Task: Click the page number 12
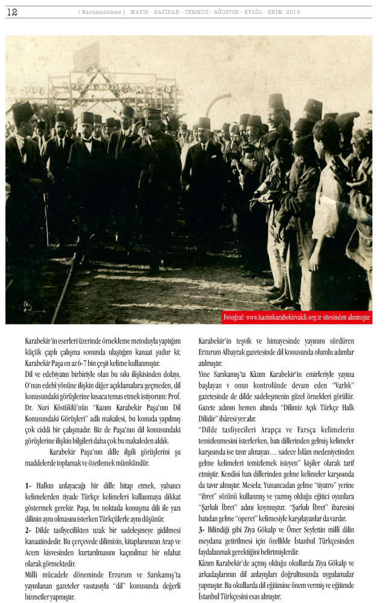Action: (x=12, y=11)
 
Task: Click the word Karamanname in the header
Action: (x=102, y=12)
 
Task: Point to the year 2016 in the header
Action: (x=293, y=12)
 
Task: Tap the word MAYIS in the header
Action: (x=141, y=12)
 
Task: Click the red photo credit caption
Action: (x=297, y=317)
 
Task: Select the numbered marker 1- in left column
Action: (x=29, y=486)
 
